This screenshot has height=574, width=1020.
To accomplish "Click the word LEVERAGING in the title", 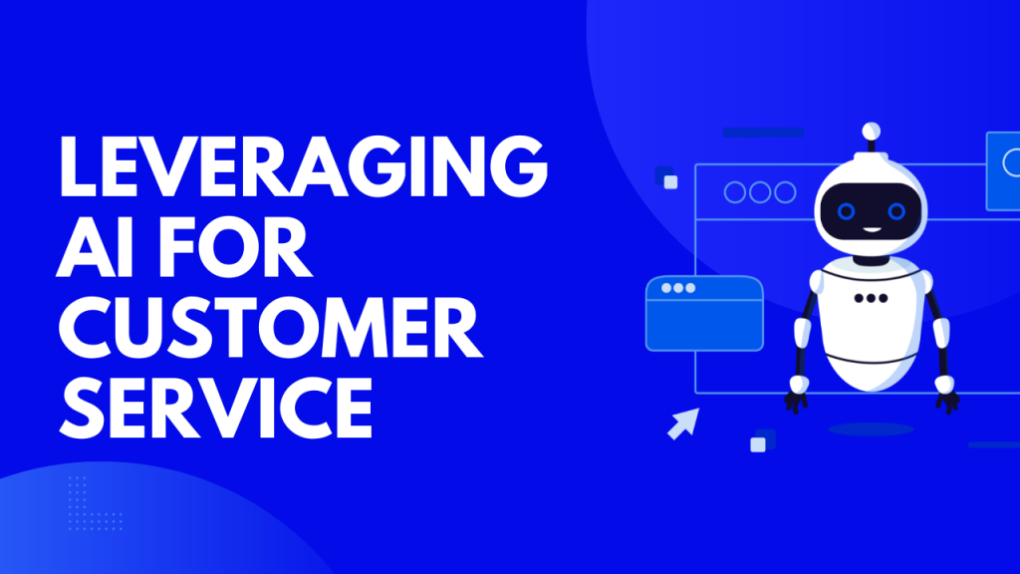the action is (303, 166).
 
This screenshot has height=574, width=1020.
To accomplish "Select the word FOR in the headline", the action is (235, 247).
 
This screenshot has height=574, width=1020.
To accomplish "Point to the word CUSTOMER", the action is (271, 327).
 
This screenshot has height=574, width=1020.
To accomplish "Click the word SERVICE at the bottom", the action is (216, 408).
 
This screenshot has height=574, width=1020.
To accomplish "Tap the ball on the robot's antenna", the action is (871, 131).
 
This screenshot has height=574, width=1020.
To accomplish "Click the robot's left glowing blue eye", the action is (846, 211).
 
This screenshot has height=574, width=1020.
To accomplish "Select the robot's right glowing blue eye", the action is (896, 211).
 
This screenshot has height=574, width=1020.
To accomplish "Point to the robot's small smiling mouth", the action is (871, 230).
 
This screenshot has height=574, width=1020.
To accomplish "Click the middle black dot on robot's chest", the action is (871, 298).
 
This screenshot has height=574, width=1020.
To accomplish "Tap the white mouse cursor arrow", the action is (684, 423).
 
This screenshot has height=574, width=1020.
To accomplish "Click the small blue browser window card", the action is (704, 313).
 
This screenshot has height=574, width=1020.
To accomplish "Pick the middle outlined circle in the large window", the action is (760, 192).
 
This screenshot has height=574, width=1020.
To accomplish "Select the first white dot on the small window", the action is (666, 288).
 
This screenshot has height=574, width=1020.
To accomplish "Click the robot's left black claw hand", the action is (796, 401).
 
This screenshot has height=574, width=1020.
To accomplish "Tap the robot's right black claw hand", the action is (948, 401).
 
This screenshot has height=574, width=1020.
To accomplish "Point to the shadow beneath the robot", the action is (871, 429).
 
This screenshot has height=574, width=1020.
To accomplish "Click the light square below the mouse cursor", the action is (758, 444).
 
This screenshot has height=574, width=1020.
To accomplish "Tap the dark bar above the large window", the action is (763, 133).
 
